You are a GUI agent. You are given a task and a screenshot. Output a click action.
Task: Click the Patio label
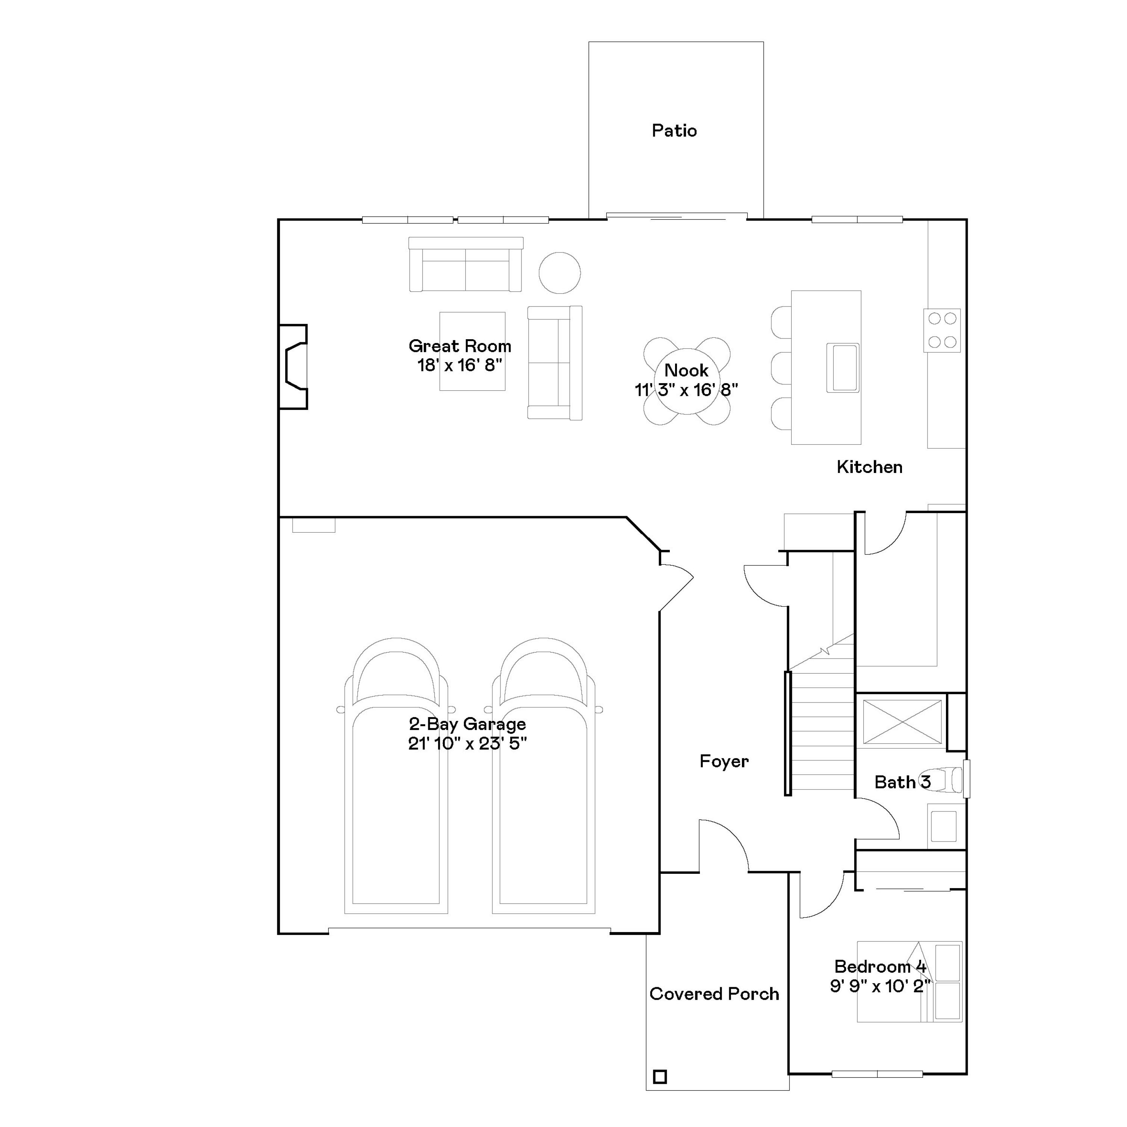pos(674,131)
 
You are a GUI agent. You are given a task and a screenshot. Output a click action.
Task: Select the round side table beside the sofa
pos(559,272)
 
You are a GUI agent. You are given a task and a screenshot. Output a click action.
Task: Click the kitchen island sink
pos(843,367)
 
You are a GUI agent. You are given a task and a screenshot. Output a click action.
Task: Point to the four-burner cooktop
pos(941,330)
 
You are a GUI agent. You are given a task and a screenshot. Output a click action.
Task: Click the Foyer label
pos(724,761)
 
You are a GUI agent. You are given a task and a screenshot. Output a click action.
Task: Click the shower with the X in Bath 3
pos(902,722)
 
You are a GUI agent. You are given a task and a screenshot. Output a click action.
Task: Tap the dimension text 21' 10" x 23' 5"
pos(467,744)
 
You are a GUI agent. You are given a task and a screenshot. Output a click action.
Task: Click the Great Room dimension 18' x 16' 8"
pos(460,366)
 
